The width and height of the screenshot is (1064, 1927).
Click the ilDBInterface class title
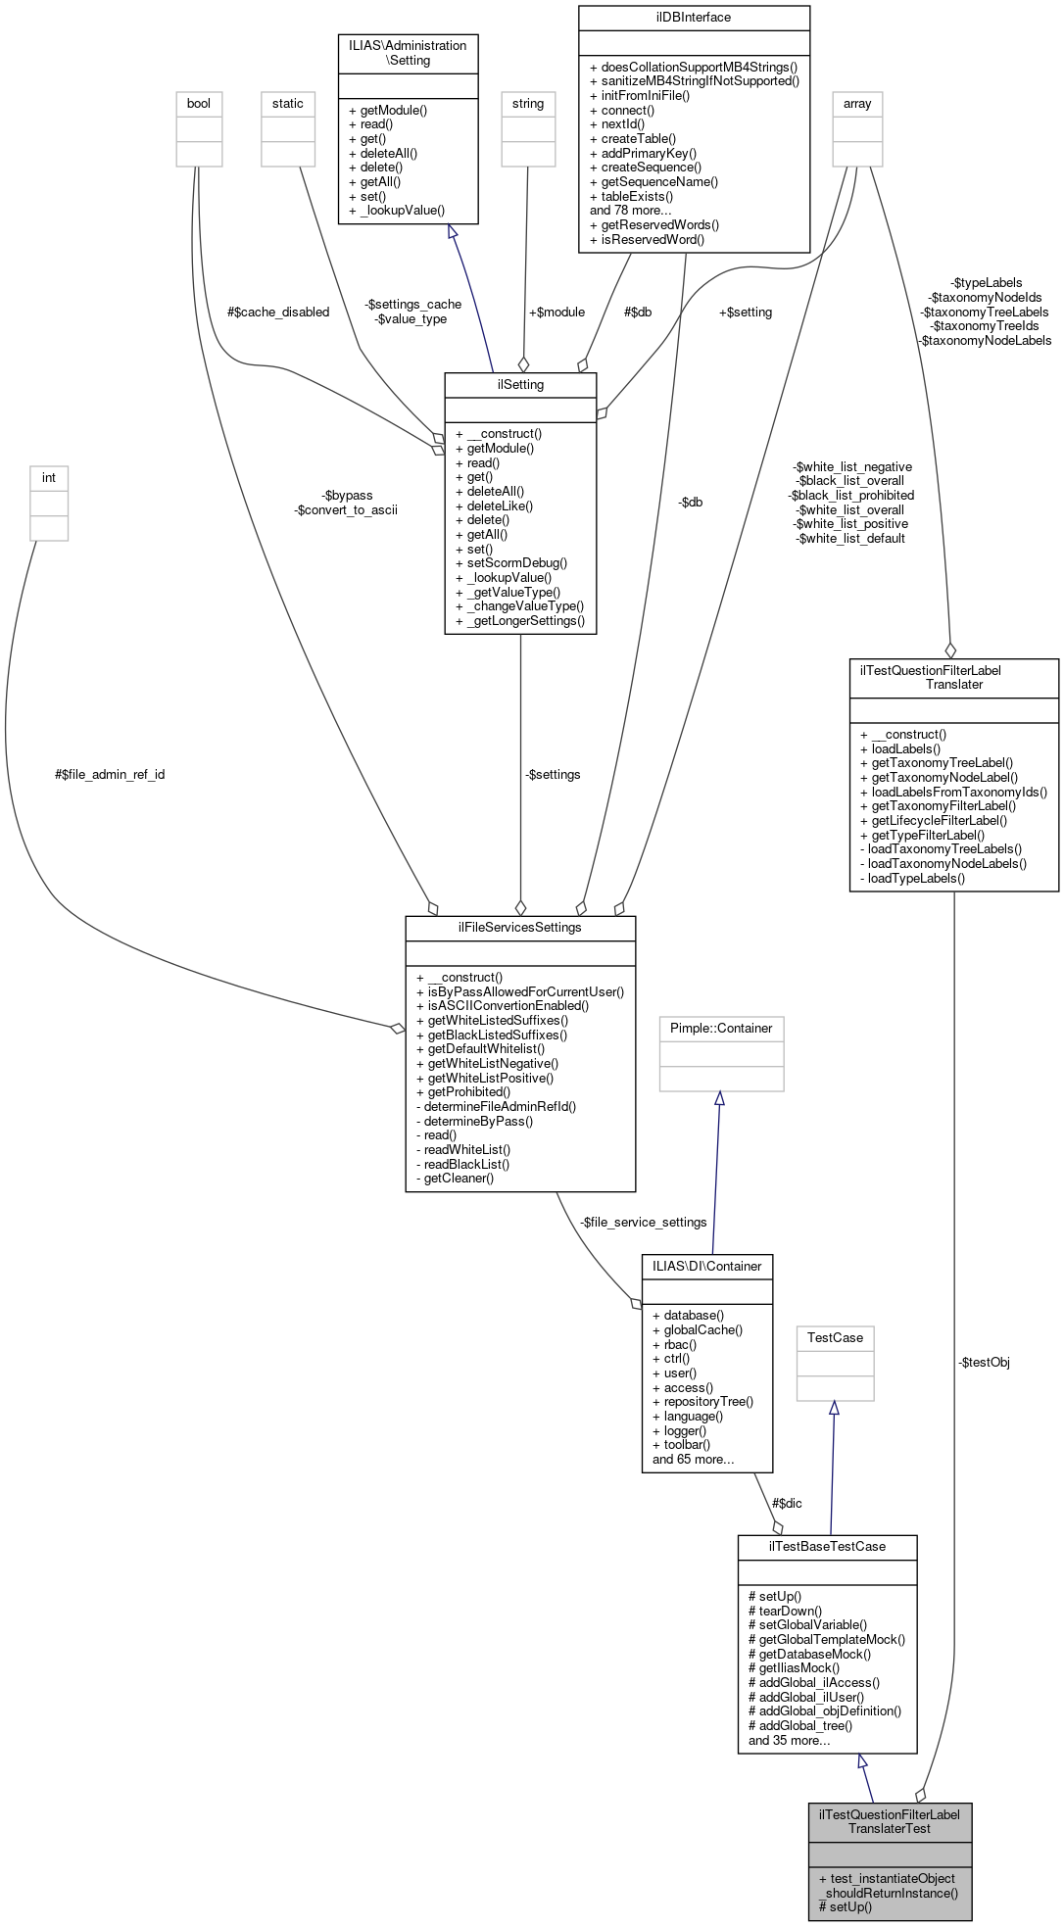pos(694,18)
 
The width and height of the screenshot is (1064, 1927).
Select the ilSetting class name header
pos(520,385)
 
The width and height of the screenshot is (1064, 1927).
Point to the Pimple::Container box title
pos(721,1029)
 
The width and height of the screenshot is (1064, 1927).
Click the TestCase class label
pos(835,1338)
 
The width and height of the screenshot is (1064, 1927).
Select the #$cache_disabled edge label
pos(278,313)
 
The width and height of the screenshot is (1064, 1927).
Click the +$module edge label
pos(556,313)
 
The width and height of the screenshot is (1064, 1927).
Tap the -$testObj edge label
pos(984,1363)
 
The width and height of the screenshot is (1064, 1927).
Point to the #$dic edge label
pos(787,1503)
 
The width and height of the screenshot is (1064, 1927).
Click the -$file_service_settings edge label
pos(643,1223)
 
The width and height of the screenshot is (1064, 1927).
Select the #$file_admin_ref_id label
pos(110,775)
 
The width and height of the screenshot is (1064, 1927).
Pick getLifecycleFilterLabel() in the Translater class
pos(939,821)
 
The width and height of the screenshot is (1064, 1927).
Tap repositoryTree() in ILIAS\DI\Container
pos(708,1402)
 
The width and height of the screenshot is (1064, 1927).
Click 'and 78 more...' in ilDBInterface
pos(631,211)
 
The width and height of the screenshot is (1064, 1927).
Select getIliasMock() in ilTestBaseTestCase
pos(794,1668)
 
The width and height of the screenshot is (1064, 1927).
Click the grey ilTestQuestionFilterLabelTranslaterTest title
pos(890,1821)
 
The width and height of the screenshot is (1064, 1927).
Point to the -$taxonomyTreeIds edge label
pos(985,326)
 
